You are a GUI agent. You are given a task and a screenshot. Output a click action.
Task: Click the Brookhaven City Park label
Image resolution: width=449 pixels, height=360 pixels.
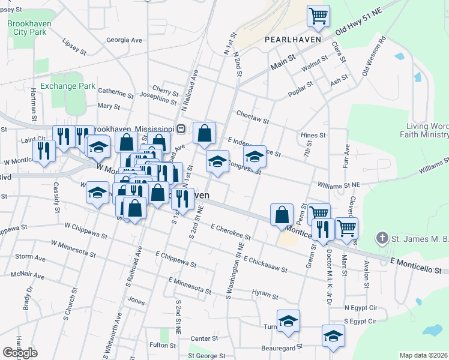click(28, 28)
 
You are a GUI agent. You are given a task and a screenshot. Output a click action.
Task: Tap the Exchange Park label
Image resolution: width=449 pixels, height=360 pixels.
click(68, 86)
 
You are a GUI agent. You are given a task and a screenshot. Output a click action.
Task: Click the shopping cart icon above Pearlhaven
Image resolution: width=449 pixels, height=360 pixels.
click(318, 16)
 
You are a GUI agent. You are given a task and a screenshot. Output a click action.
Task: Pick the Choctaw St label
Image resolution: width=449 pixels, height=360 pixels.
click(252, 116)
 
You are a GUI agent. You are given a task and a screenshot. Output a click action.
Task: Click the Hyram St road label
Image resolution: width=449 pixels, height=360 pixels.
click(266, 293)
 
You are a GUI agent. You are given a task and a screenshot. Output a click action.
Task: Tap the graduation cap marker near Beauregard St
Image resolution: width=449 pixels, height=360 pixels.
click(333, 336)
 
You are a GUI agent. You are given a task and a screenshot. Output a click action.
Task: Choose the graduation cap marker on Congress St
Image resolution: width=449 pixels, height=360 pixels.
click(255, 157)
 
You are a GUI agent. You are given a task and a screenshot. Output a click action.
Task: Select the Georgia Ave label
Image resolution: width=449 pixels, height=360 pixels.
click(124, 40)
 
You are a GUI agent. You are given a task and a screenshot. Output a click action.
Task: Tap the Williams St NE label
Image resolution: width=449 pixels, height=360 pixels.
click(339, 185)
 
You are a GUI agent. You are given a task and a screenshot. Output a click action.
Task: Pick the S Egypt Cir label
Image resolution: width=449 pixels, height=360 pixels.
click(359, 321)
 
